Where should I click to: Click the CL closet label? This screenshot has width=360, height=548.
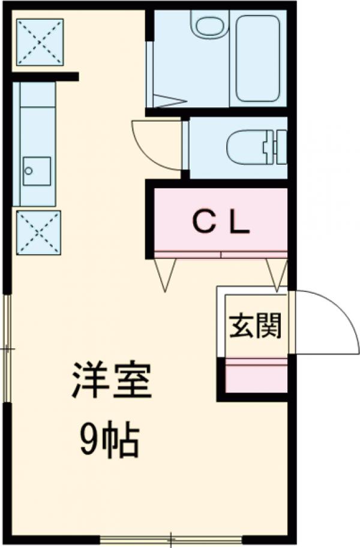[220, 223]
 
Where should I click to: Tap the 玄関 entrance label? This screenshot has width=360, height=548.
[254, 326]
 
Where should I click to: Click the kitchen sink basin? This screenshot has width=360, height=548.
[37, 171]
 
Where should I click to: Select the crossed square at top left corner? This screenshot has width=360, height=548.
[39, 41]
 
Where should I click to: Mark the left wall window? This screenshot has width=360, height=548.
[7, 348]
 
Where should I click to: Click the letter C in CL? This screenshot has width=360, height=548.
[202, 223]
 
